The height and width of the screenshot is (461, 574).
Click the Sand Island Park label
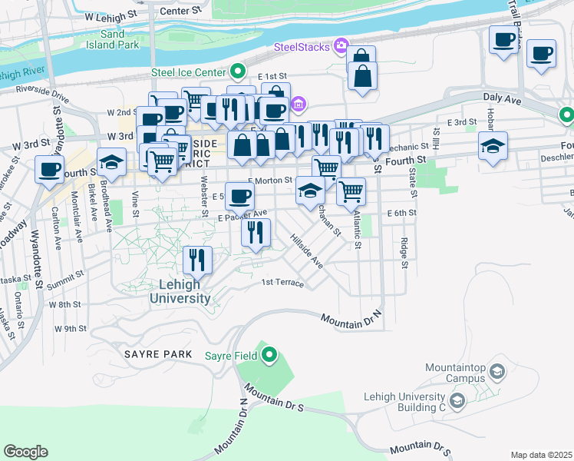[123, 39]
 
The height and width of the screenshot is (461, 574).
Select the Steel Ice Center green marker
[238, 73]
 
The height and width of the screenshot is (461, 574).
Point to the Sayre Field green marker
[269, 355]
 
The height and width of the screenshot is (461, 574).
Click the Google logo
[25, 452]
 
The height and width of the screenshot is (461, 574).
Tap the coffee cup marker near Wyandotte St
[50, 170]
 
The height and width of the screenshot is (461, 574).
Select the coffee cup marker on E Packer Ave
[240, 196]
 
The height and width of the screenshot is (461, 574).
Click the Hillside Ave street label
[306, 251]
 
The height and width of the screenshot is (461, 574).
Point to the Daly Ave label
[502, 99]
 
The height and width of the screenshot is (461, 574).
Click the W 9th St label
[70, 329]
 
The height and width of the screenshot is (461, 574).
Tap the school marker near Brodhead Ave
[112, 162]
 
